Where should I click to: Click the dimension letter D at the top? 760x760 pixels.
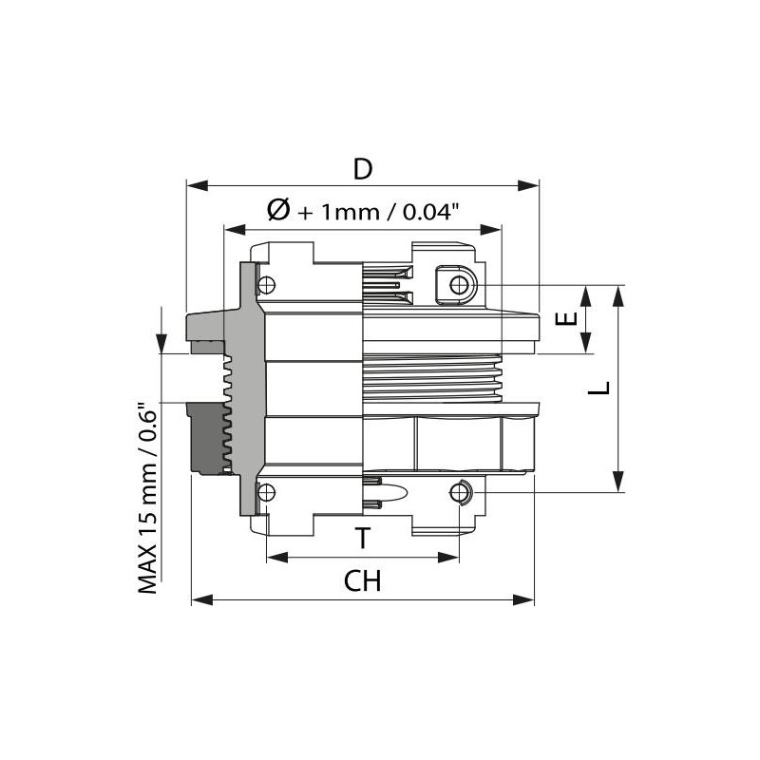(x=362, y=169)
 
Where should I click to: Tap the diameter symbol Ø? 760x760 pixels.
(x=278, y=211)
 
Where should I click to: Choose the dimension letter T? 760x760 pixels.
(x=362, y=539)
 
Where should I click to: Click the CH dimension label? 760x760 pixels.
(x=362, y=581)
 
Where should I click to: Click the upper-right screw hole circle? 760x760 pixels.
(x=461, y=285)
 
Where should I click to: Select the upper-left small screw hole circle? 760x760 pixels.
(x=266, y=284)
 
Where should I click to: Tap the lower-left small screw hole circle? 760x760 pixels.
(x=266, y=491)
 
